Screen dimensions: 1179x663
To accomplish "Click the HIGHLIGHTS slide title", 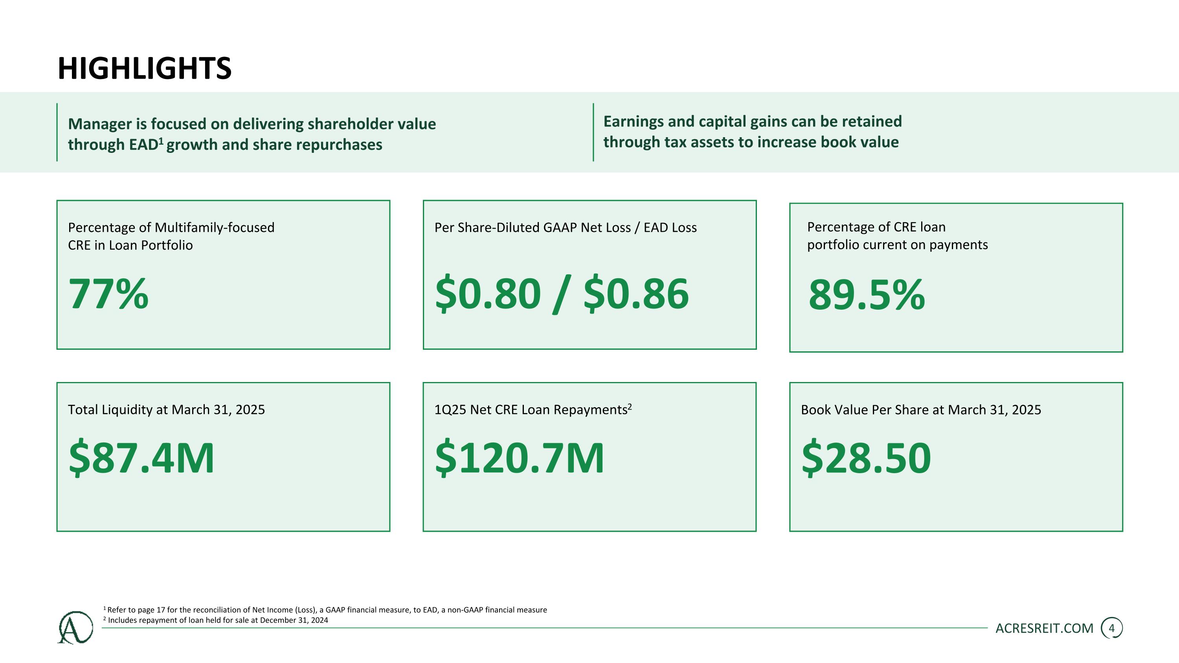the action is pyautogui.click(x=145, y=69).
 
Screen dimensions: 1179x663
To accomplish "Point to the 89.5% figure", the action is pyautogui.click(x=867, y=295).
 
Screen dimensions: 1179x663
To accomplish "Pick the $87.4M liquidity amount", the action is pyautogui.click(x=141, y=457).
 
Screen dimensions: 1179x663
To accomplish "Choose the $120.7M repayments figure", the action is pyautogui.click(x=520, y=457).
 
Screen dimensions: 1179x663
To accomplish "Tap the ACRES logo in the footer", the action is pyautogui.click(x=75, y=627).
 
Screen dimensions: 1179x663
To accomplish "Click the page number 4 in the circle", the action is pyautogui.click(x=1112, y=628).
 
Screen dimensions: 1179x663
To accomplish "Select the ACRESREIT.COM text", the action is pyautogui.click(x=1045, y=628).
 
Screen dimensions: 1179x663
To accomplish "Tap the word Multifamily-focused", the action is pyautogui.click(x=215, y=228).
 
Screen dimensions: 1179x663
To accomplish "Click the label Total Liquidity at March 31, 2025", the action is pyautogui.click(x=166, y=410).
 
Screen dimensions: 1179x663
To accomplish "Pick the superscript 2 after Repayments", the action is pyautogui.click(x=629, y=406).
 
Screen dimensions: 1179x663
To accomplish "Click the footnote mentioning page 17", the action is pyautogui.click(x=325, y=610).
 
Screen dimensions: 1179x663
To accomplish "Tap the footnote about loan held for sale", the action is pyautogui.click(x=216, y=620).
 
